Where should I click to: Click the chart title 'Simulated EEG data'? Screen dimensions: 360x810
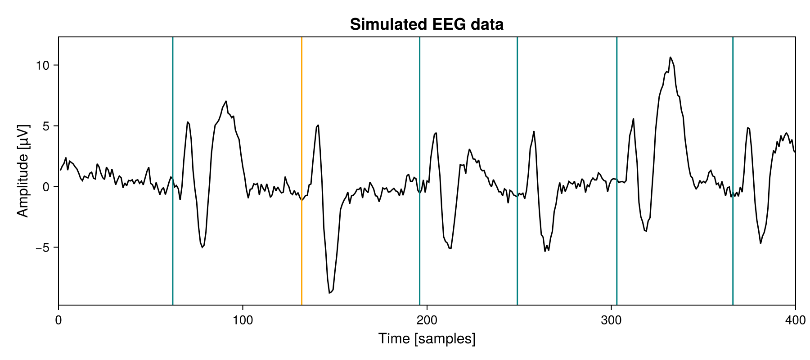[427, 24]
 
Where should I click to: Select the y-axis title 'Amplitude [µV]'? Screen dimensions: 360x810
[22, 171]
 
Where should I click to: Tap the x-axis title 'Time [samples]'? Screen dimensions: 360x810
[427, 338]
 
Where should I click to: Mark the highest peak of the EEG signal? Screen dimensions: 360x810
[670, 57]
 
